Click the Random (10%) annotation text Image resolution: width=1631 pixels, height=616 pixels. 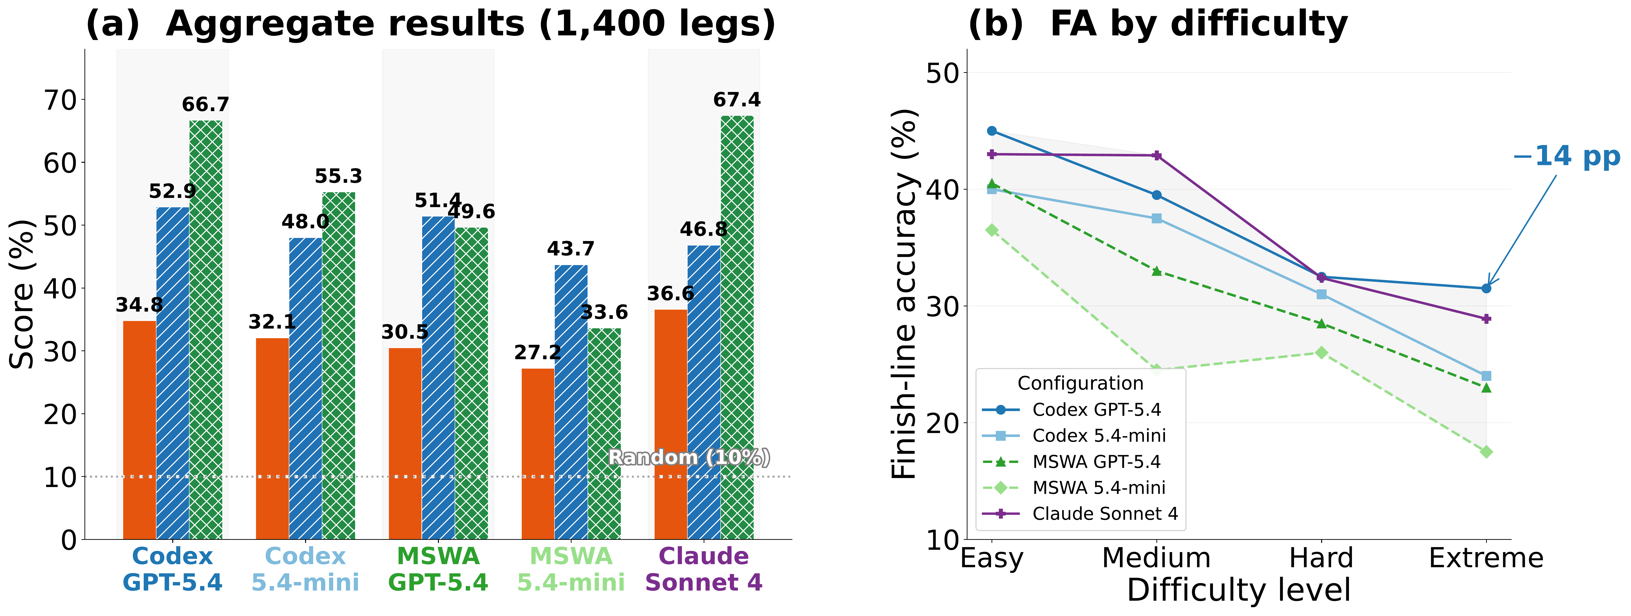point(689,457)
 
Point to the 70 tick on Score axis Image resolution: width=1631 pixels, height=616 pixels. point(60,100)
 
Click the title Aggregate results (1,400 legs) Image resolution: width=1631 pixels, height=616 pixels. point(431,24)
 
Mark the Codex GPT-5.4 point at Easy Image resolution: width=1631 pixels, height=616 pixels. point(992,131)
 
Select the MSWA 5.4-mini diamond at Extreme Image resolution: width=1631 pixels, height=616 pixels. point(1486,451)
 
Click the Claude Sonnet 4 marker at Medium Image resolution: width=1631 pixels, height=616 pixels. point(1157,155)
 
